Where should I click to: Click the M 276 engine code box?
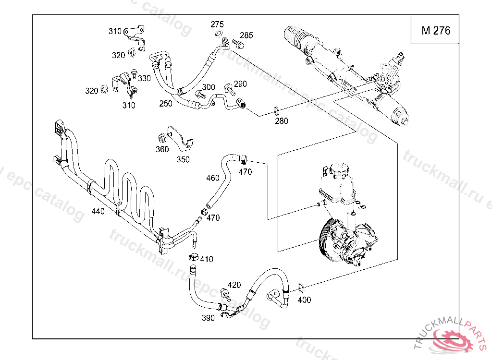(x=436, y=31)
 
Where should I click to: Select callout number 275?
(x=217, y=24)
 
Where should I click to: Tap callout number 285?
(x=246, y=36)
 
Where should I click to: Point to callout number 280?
(x=282, y=121)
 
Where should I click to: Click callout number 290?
(x=240, y=84)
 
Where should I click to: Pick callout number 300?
(x=208, y=87)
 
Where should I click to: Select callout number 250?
(x=166, y=104)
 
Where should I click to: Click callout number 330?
(x=145, y=78)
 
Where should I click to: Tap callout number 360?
(x=162, y=149)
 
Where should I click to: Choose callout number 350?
(x=183, y=160)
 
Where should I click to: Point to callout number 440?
(x=98, y=211)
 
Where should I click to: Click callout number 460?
(x=213, y=178)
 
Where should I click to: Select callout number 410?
(x=207, y=260)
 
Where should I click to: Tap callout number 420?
(x=234, y=285)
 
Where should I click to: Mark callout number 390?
(x=208, y=318)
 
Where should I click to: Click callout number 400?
(x=305, y=300)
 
